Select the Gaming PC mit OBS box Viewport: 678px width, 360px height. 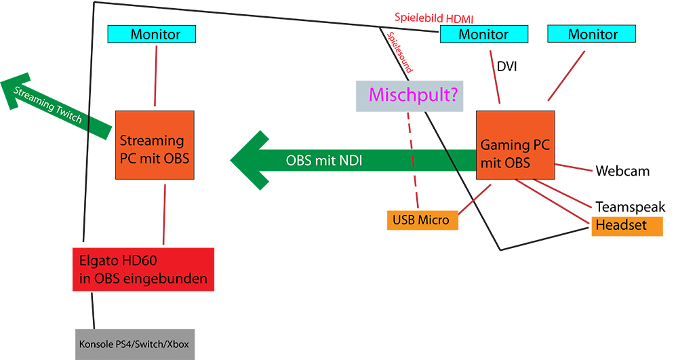point(515,145)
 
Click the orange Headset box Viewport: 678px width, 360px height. point(626,225)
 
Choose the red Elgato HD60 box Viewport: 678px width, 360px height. point(143,269)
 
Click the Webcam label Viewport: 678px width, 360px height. point(622,171)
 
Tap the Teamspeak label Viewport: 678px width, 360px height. point(630,207)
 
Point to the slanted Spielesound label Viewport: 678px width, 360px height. point(399,52)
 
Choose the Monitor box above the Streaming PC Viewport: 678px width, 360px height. point(152,34)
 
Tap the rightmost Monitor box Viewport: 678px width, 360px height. point(592,34)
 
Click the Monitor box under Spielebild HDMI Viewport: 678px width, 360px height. point(483,34)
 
